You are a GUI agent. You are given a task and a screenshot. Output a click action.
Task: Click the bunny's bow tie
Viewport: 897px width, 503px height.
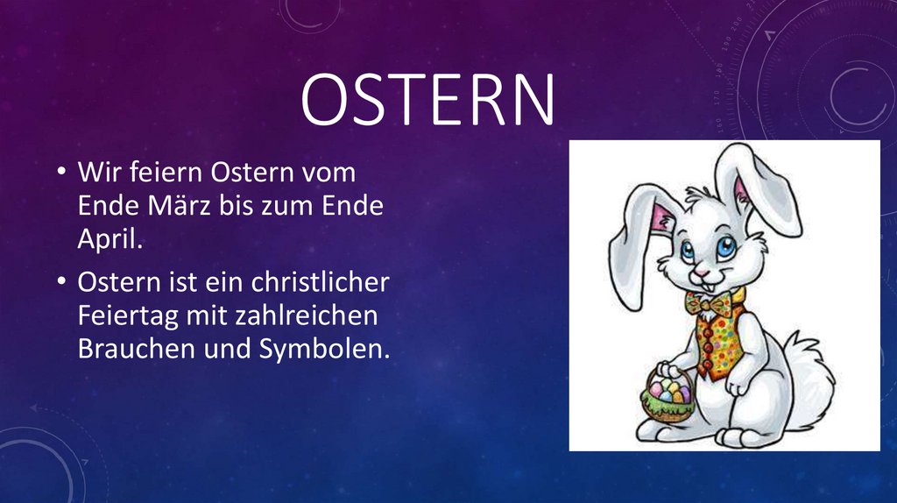(711, 302)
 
